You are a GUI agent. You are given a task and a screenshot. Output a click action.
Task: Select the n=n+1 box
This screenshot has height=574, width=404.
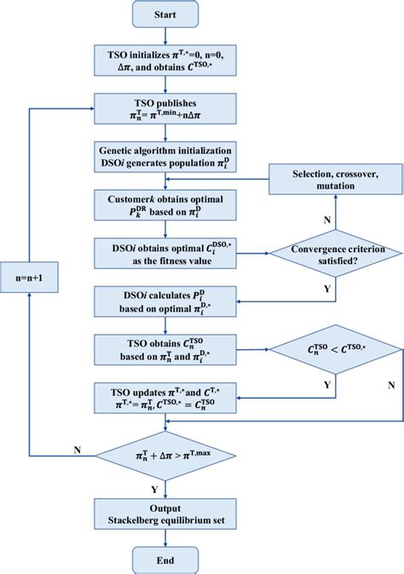(31, 277)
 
